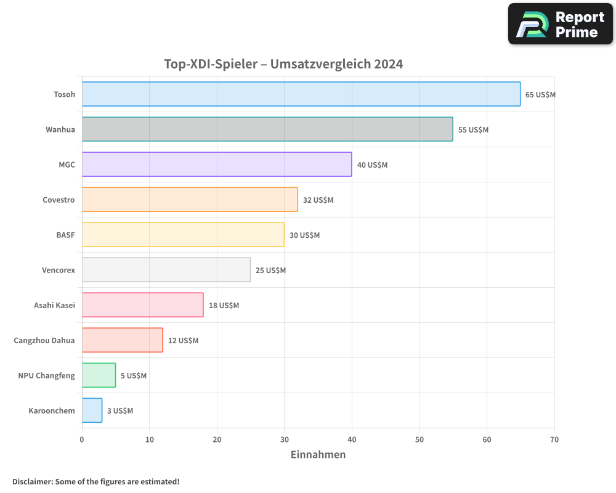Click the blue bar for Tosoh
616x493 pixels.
(x=301, y=94)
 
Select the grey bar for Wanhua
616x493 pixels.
(x=267, y=129)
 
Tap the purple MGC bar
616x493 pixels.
(x=216, y=165)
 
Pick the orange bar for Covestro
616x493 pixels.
(x=189, y=200)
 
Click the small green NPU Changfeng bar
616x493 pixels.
(x=99, y=375)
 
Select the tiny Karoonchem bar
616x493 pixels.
(x=92, y=410)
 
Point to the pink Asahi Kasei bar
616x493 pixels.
(x=142, y=305)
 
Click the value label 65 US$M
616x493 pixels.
(x=540, y=95)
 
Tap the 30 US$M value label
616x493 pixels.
(x=304, y=235)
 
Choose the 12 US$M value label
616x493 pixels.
(x=183, y=341)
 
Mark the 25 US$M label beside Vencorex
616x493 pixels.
(x=270, y=271)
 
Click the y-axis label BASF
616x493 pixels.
(x=65, y=235)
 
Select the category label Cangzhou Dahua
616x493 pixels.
(x=44, y=340)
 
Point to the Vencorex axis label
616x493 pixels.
(x=59, y=270)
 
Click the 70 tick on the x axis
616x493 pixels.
(x=554, y=439)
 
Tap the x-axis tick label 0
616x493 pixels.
(x=82, y=439)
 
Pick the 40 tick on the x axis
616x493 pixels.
(x=352, y=439)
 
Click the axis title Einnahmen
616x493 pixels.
(x=318, y=455)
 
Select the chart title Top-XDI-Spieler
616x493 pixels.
(x=283, y=64)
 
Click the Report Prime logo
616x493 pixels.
(x=560, y=24)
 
